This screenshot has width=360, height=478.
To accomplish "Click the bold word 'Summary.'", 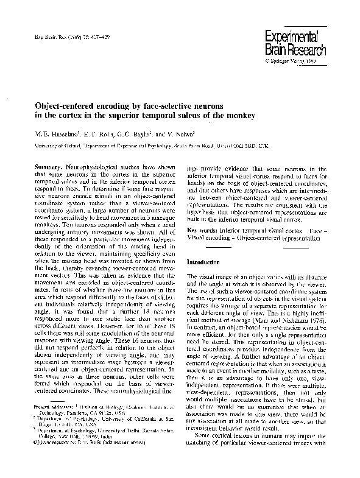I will (x=50, y=166).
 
